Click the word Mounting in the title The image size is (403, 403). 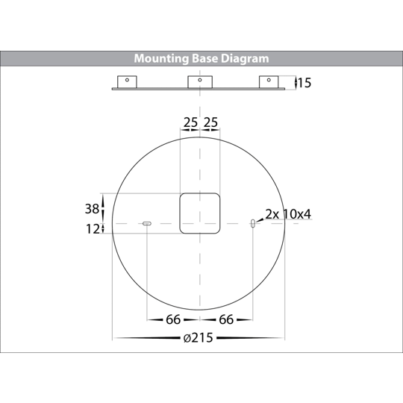click(161, 59)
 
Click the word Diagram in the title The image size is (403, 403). click(245, 59)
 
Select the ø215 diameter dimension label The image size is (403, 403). click(199, 338)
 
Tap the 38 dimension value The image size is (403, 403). click(92, 209)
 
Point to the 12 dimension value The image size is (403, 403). click(93, 229)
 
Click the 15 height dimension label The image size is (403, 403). click(304, 83)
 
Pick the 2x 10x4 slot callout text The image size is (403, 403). click(288, 214)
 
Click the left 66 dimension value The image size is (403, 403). click(173, 319)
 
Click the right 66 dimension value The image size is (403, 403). click(226, 319)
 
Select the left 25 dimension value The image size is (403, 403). click(190, 122)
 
